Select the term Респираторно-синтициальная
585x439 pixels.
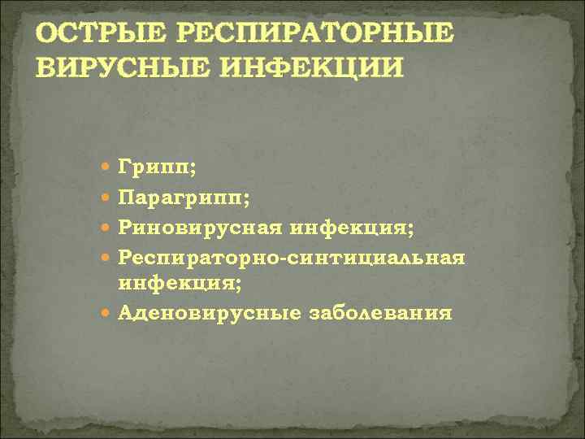pos(292,257)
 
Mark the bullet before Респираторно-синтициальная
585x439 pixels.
pos(109,257)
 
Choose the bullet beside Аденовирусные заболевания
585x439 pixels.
pos(109,313)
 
